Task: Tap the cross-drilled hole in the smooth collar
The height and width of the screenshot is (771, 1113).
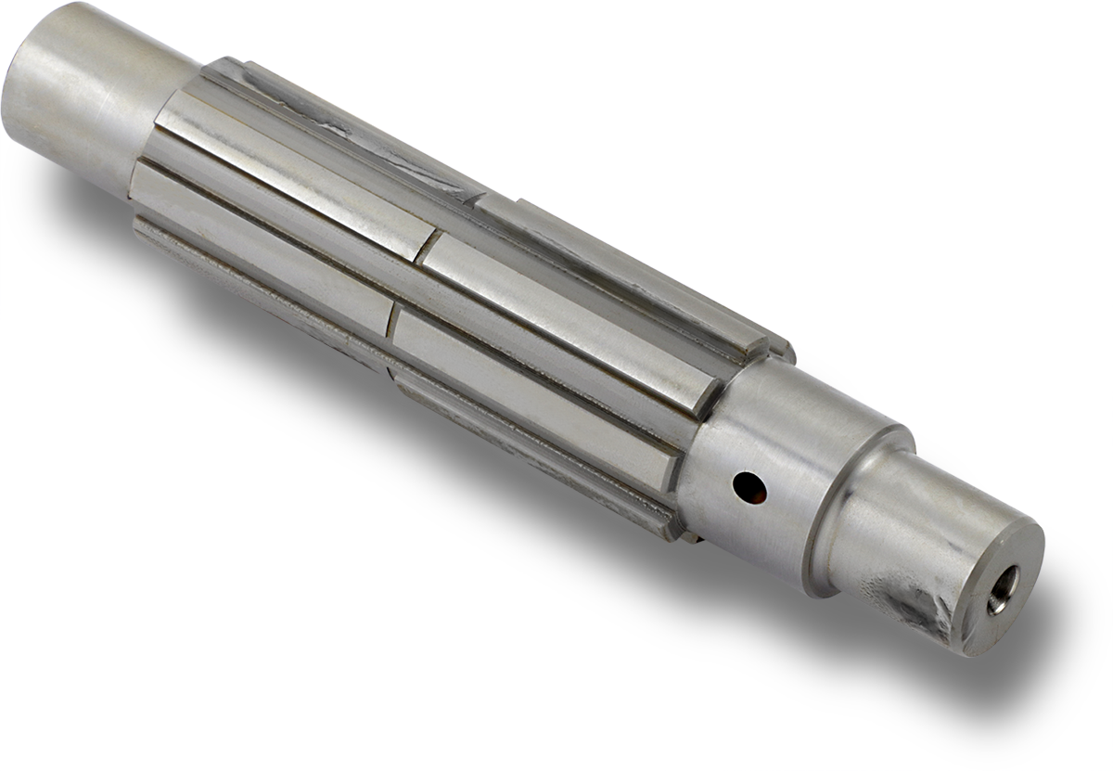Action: (748, 485)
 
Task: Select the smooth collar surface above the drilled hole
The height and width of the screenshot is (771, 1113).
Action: (779, 408)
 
